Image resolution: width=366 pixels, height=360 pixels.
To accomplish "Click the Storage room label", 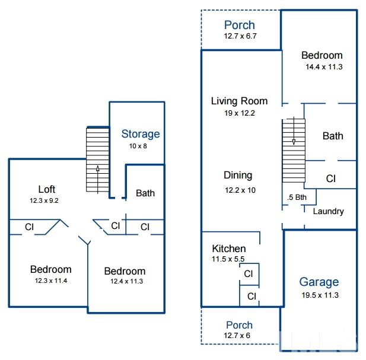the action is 141,134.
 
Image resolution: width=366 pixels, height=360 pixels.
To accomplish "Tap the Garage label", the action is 319,282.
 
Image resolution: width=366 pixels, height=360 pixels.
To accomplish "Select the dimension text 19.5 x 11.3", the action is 320,295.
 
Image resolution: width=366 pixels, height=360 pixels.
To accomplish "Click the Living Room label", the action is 239,101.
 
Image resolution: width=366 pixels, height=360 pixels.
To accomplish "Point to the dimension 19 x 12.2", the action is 240,113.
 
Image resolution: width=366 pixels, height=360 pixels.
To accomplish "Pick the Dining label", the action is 238,175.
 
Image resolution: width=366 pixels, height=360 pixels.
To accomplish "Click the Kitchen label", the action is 229,249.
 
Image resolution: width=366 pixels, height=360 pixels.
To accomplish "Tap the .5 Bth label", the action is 297,197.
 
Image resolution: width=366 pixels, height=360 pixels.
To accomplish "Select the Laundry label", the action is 328,211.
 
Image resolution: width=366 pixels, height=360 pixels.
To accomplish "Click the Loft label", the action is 47,189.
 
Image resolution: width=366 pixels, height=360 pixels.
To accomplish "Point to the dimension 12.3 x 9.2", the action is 44,200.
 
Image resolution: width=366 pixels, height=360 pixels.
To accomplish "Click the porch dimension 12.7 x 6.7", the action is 240,36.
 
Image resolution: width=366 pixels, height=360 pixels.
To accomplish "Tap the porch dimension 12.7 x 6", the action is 237,336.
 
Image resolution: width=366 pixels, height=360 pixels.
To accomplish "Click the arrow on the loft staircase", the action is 97,180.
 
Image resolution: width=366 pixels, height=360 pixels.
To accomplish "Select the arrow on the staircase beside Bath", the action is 294,131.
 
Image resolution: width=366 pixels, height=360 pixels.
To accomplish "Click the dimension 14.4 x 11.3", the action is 324,67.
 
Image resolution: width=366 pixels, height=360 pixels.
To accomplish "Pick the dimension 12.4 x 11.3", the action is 126,281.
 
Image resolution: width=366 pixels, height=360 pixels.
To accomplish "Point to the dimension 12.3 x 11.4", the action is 51,281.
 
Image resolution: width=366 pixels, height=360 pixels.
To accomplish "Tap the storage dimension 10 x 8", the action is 138,146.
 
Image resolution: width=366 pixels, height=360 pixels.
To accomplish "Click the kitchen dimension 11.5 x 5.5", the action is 228,259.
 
